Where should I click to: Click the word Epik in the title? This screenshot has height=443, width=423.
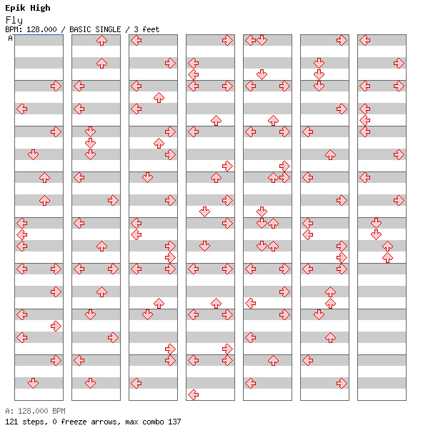pos(15,8)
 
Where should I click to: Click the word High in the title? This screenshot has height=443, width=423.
pos(40,8)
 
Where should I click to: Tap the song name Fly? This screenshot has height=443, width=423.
pos(14,20)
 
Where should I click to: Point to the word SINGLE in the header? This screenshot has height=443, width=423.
pos(108,29)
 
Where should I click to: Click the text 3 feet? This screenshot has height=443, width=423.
pos(146,29)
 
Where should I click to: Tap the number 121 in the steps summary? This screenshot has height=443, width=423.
pos(11,422)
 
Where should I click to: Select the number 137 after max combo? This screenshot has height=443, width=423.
pos(174,422)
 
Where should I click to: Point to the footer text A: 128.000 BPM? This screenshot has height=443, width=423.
pos(35,411)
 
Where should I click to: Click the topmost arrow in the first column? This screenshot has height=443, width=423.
pos(56,86)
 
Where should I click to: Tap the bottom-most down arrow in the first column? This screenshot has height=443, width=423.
pos(34,383)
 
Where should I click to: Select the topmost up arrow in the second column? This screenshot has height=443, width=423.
pos(101,41)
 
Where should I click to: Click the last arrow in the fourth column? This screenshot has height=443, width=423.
pos(193,394)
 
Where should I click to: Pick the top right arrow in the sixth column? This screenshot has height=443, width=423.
pos(342,41)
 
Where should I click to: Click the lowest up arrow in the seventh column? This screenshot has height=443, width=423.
pos(387,257)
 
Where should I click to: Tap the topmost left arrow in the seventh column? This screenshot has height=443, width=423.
pos(365,41)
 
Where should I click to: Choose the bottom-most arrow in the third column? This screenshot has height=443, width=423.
pos(136,383)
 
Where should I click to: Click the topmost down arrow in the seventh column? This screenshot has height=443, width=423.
pos(376,223)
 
